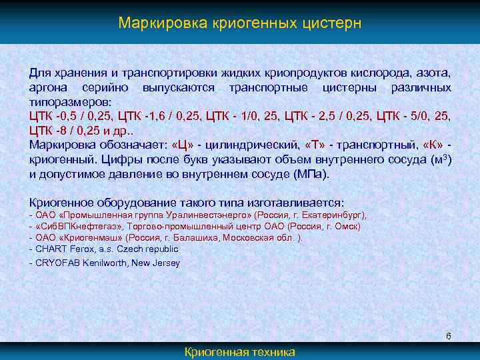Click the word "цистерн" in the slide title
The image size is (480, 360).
(x=330, y=23)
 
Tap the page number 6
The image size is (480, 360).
(x=449, y=335)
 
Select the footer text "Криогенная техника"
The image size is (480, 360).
(x=239, y=352)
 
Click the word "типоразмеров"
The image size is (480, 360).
(x=65, y=103)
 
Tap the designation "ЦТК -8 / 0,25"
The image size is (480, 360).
(x=65, y=132)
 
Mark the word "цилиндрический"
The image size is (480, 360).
(x=249, y=147)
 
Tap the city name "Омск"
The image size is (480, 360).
(x=349, y=227)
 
